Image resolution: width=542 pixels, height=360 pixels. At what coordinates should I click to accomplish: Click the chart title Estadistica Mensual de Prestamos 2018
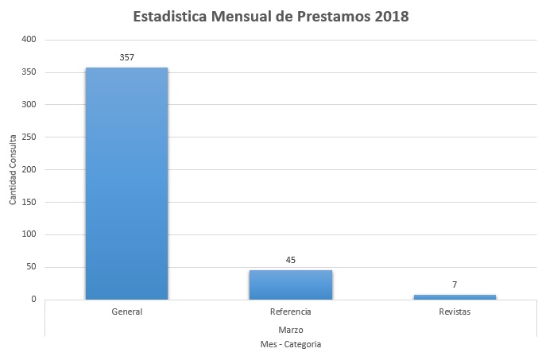(271, 17)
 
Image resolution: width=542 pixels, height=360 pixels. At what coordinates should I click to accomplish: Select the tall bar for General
(126, 183)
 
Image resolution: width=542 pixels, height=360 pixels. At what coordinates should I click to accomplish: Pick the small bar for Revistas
(454, 296)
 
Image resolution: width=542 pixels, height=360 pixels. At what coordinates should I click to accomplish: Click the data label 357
(126, 58)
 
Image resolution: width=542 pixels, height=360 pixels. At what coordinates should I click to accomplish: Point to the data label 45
(290, 260)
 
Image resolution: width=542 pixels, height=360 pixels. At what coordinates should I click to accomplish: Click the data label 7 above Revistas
(454, 285)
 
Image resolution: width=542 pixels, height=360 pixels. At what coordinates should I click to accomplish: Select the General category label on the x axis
(126, 312)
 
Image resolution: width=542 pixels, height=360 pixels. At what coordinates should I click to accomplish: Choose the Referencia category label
(290, 312)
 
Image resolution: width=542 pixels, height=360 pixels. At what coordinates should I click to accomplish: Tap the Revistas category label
(454, 312)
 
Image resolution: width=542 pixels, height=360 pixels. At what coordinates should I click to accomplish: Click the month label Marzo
(290, 328)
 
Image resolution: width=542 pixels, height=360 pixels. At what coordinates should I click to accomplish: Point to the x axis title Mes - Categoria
(290, 344)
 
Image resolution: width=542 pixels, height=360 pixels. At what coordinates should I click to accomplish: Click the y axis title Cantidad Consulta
(13, 169)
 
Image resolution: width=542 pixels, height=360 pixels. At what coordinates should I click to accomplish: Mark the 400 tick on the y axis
(29, 40)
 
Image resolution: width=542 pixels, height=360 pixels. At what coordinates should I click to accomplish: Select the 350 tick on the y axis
(29, 72)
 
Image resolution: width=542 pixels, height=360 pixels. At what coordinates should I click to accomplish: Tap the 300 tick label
(29, 105)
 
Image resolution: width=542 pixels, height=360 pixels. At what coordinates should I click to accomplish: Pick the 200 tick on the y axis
(29, 169)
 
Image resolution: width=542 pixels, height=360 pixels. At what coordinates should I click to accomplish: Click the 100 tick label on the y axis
(29, 234)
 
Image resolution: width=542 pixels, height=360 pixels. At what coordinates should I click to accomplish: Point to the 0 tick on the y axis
(33, 300)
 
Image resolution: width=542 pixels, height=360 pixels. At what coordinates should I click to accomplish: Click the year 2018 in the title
(388, 17)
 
